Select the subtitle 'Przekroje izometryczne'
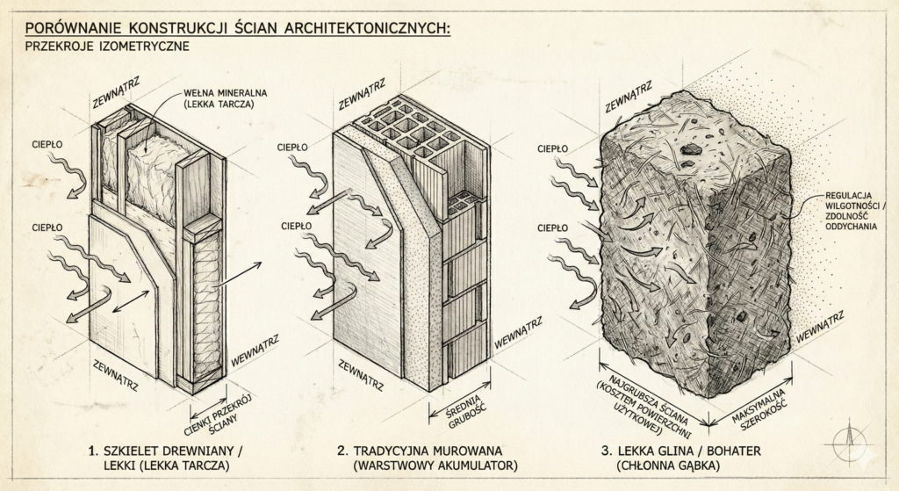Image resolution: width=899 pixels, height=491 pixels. click(107, 47)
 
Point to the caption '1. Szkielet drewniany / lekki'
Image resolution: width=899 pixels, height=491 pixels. click(166, 458)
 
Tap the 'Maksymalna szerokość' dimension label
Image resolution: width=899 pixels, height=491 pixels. click(759, 409)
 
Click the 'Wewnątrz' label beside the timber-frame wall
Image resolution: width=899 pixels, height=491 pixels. click(255, 351)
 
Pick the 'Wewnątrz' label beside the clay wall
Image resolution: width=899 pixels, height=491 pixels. click(821, 327)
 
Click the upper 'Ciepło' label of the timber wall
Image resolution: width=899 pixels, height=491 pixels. click(47, 145)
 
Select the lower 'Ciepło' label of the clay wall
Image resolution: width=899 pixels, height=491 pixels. click(553, 228)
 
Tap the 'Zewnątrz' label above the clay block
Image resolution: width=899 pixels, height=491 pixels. click(629, 97)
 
